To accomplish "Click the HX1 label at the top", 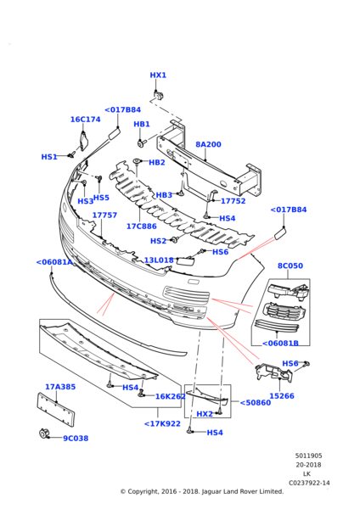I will tap(158, 76).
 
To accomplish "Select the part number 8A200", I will tap(208, 145).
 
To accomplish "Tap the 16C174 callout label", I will tap(85, 120).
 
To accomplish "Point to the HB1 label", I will tap(142, 125).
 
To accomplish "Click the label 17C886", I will tap(141, 227).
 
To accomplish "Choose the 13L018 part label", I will tap(158, 260).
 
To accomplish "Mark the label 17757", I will tap(104, 215).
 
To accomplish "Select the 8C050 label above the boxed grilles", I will tap(290, 266).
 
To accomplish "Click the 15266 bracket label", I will tap(282, 395).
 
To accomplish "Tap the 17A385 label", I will tap(60, 387).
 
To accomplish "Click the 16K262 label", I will tap(171, 396).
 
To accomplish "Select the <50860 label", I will tap(255, 403).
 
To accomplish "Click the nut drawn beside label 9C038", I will tap(43, 435).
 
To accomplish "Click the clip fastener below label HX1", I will tap(158, 93).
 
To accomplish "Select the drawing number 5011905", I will tap(308, 456).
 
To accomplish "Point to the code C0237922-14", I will tap(309, 483).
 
